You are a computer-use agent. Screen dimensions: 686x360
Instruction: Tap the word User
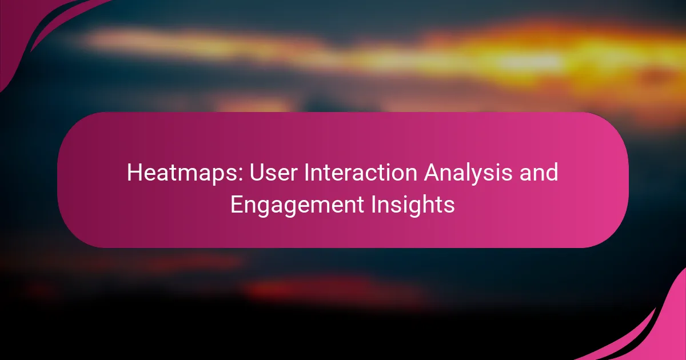coord(273,173)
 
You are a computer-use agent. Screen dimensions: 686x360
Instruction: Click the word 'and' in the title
coord(539,173)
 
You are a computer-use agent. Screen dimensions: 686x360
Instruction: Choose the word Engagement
coord(297,205)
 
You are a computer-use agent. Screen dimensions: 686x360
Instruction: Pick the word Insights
coord(413,205)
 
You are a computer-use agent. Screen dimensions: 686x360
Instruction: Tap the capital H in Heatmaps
coord(135,173)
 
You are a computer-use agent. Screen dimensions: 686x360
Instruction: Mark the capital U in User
coord(257,173)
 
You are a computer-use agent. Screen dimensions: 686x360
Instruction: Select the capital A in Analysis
coord(432,173)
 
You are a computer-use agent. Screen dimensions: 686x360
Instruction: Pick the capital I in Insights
coord(373,205)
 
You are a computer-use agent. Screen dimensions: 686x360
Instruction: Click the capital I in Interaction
coord(306,173)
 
